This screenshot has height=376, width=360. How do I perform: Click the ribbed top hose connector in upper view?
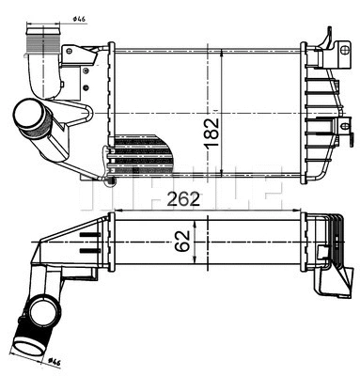(41, 44)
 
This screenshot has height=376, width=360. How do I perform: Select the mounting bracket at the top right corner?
(328, 40)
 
